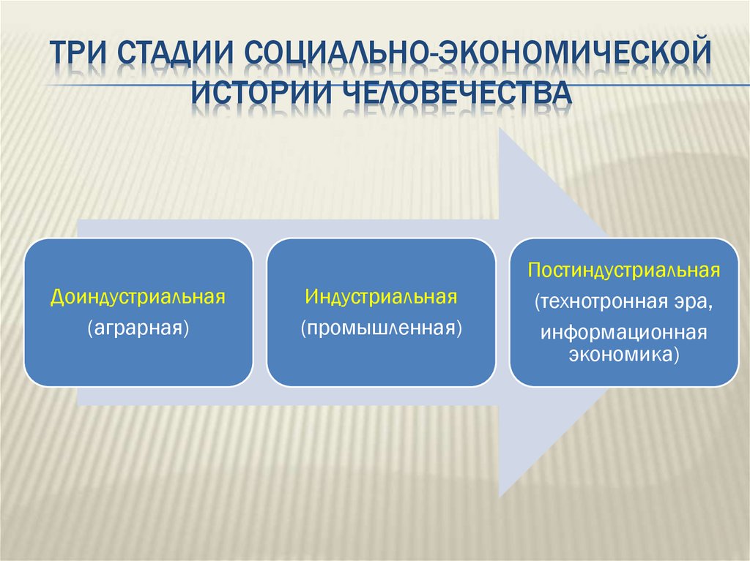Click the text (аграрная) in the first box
[x=138, y=327]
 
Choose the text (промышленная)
[x=381, y=327]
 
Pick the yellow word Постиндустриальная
[x=625, y=271]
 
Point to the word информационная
[x=625, y=333]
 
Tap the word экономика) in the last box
[x=625, y=355]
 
